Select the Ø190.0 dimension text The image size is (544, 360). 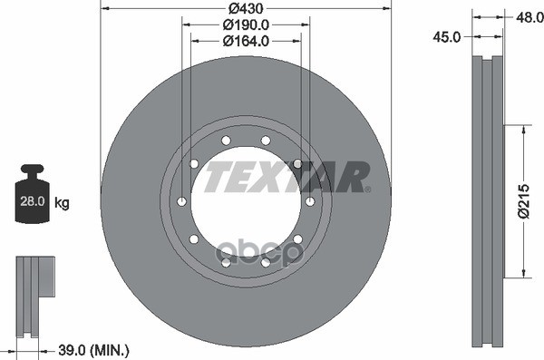(246, 24)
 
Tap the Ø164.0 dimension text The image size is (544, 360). (246, 41)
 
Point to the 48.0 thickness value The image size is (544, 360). (529, 17)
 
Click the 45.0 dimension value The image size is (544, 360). (446, 37)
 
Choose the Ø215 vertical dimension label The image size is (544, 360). (524, 201)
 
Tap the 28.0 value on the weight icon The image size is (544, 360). (33, 201)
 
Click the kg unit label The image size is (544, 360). (62, 202)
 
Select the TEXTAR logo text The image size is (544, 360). (286, 177)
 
